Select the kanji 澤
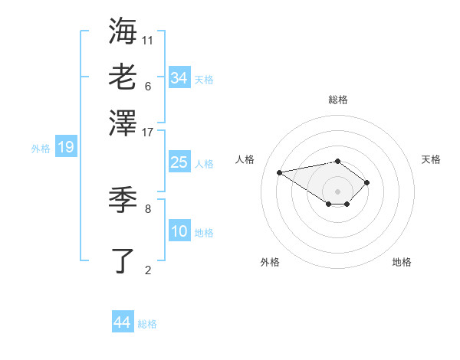coord(123,122)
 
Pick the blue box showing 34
coord(179,77)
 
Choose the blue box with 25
coord(179,162)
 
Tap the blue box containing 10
coord(179,231)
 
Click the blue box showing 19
coord(65,147)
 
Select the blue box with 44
coord(122,322)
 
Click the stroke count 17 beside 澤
coord(148,132)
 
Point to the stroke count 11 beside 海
coord(148,39)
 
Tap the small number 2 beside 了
coord(148,270)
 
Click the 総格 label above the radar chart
coord(338,100)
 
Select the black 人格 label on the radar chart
coord(245,159)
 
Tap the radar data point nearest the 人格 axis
coord(280,172)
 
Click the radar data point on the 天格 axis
coord(367,182)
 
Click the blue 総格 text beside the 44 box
coord(147,324)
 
